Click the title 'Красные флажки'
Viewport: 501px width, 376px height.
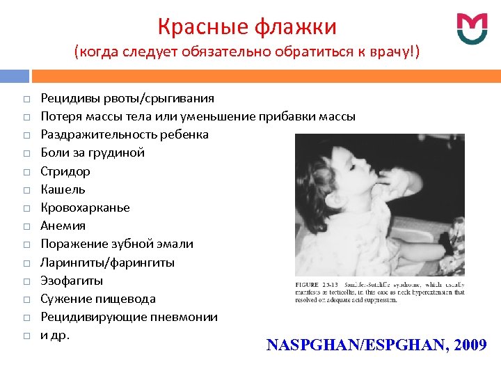[247, 26]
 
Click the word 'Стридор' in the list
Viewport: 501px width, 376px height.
[65, 171]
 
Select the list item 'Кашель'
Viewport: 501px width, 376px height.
[63, 189]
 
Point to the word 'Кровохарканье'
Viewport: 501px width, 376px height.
[85, 207]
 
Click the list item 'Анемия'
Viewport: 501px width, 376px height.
[63, 226]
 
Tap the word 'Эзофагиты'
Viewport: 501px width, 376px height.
[72, 281]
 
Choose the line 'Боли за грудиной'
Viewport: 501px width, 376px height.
[93, 152]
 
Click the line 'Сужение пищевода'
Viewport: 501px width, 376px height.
[98, 299]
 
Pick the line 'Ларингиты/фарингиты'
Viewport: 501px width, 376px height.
[108, 263]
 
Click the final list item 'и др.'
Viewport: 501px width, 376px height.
[56, 335]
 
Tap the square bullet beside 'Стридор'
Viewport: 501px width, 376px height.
[25, 171]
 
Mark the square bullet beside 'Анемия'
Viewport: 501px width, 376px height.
[25, 226]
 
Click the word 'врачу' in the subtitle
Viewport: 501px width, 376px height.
[387, 52]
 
